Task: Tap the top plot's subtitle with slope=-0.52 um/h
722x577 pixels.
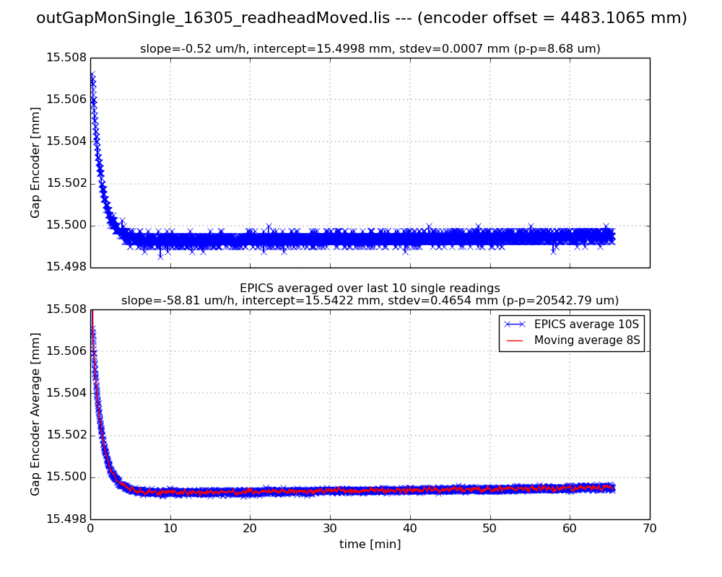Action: pos(370,49)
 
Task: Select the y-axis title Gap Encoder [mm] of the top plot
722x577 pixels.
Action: pos(35,162)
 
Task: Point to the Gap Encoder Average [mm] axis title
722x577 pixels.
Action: pos(35,414)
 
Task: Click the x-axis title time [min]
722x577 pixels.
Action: pos(370,545)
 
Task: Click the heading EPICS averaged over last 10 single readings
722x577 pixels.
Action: pos(370,288)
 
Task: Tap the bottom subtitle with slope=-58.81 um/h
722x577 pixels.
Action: pos(370,301)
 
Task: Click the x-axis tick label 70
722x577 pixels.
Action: pos(649,529)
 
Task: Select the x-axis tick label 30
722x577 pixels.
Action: pos(330,529)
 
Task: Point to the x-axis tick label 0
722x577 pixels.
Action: pos(90,529)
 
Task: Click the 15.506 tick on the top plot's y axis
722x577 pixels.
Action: pos(66,100)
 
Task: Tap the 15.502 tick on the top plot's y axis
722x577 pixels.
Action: pos(66,183)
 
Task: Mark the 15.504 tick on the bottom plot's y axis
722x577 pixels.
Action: pos(66,393)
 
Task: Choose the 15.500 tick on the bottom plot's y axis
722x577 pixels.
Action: pos(66,477)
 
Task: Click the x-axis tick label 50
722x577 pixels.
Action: pos(490,529)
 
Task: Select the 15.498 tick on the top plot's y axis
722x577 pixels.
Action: pos(66,267)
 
